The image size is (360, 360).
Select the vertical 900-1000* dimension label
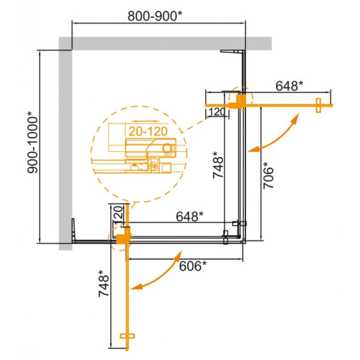pos(34,146)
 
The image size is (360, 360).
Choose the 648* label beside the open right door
pos(290,86)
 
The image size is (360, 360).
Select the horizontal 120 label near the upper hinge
pos(217,112)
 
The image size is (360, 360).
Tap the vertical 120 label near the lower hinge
pos(118,215)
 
